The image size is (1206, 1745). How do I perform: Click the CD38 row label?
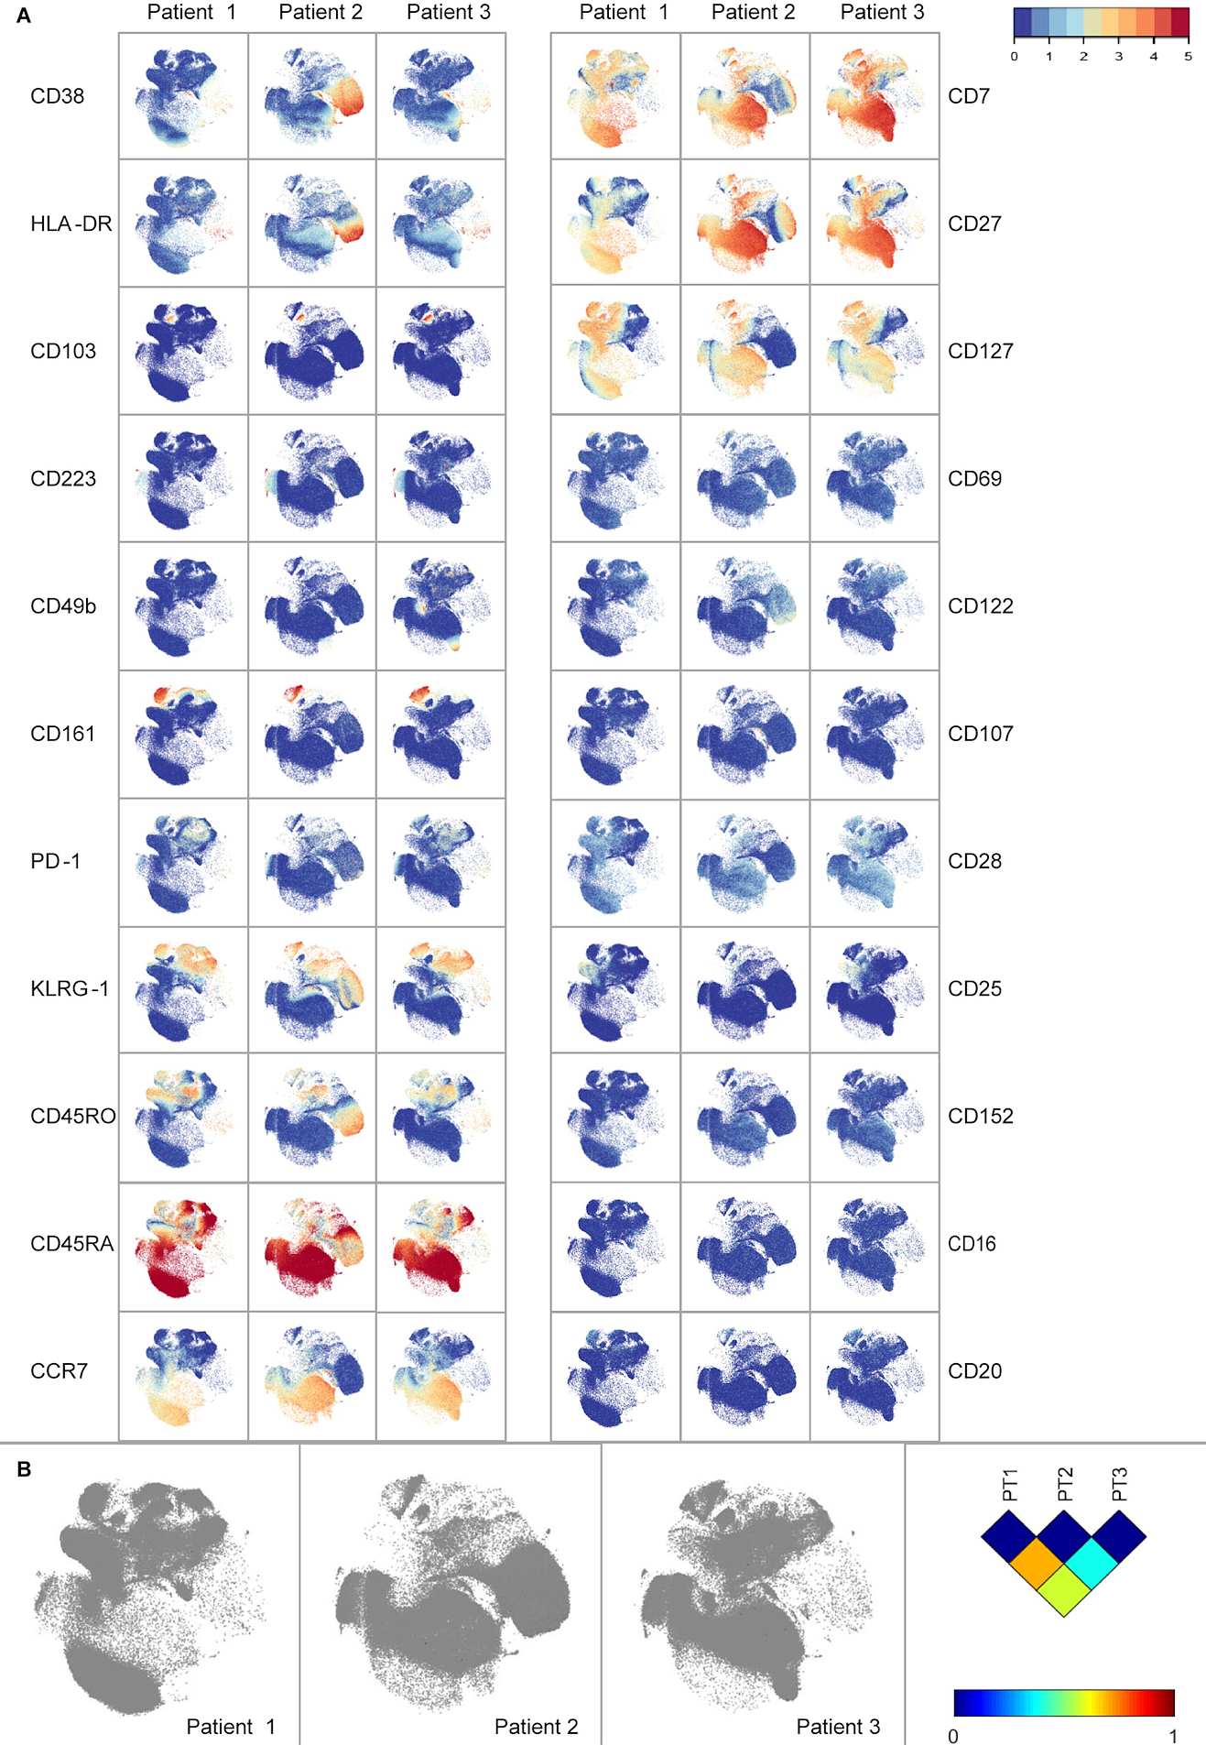(57, 96)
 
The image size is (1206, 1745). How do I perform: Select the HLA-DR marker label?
(71, 224)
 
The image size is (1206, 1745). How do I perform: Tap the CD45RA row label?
(71, 1244)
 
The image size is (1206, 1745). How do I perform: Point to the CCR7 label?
(59, 1371)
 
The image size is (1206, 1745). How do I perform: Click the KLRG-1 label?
(70, 989)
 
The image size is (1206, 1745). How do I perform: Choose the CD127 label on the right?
(980, 352)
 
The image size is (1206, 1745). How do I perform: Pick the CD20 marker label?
(974, 1371)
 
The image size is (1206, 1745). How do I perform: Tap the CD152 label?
(980, 1117)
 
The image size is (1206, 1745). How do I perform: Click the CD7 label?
(968, 96)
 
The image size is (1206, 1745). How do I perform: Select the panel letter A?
(24, 16)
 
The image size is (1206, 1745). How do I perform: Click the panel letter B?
(24, 1469)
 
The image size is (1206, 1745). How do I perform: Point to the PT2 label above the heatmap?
(1064, 1485)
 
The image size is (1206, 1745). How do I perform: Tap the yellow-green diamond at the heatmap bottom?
(1064, 1590)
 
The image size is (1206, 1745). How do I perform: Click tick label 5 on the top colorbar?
(1188, 57)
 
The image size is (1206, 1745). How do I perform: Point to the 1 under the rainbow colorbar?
(1173, 1736)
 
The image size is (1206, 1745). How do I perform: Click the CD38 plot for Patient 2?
(312, 97)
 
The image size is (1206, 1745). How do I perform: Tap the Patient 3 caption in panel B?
(838, 1727)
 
